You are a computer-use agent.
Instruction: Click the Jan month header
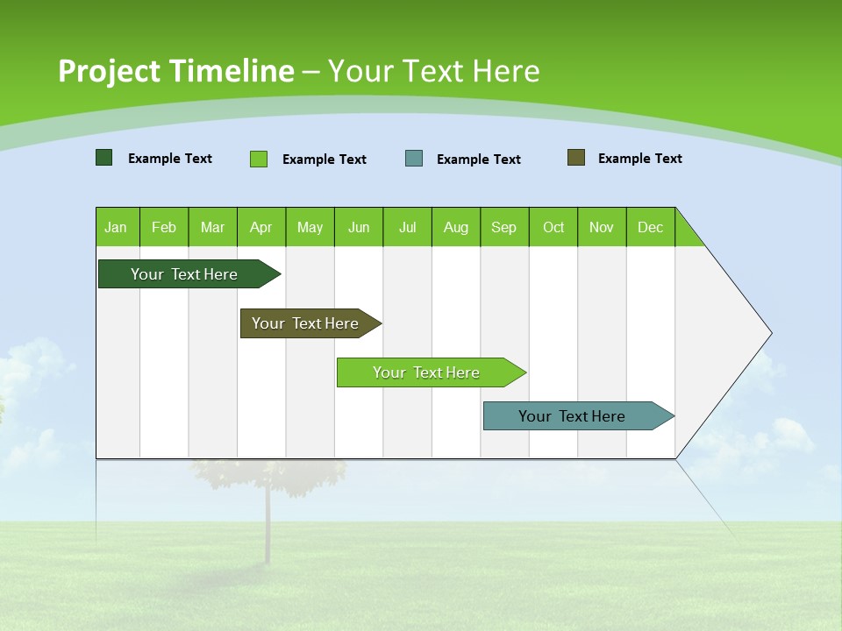[x=116, y=227]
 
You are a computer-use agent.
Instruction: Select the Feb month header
[x=164, y=227]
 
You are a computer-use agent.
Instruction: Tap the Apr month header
[x=260, y=227]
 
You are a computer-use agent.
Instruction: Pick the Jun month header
[x=359, y=227]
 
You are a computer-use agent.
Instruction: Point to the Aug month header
[x=455, y=227]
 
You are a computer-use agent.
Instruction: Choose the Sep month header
[x=503, y=227]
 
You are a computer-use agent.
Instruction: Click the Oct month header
[x=553, y=227]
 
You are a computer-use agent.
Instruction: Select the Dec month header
[x=650, y=227]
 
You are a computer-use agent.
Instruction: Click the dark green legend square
[x=104, y=158]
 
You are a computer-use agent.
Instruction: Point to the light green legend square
[x=259, y=159]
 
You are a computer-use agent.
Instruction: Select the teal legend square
[x=414, y=159]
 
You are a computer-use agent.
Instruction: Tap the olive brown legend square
[x=576, y=158]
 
